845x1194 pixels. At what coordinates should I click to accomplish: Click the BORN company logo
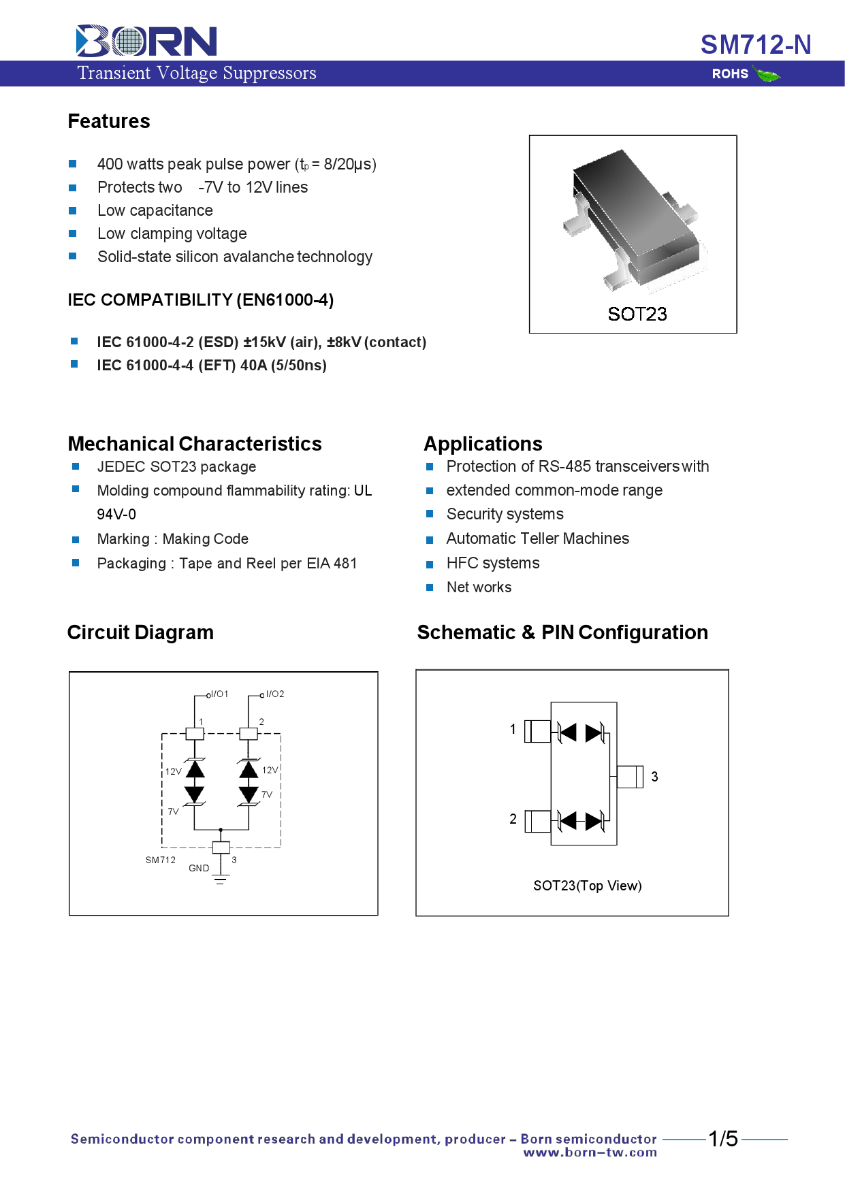coord(146,41)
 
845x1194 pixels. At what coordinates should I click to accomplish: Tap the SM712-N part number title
coord(755,45)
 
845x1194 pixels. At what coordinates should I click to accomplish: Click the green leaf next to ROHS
coord(767,74)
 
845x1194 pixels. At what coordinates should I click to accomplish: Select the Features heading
coord(109,121)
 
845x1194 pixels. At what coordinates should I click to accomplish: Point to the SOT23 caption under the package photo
coord(637,314)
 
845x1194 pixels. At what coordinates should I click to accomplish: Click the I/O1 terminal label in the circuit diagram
coord(219,694)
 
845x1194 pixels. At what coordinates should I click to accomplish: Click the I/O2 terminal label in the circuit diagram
coord(274,694)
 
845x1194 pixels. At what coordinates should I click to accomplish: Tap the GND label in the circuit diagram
coord(199,868)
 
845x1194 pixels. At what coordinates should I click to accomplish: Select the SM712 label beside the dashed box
coord(161,860)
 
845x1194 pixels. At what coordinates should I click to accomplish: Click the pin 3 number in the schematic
coord(654,777)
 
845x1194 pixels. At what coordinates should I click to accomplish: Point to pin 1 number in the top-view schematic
coord(513,729)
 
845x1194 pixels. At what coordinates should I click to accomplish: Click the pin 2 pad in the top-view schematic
coord(537,821)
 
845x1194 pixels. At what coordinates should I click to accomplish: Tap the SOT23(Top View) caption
coord(587,886)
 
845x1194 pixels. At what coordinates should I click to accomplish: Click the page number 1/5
coord(722,1139)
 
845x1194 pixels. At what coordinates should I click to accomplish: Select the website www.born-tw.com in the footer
coord(590,1152)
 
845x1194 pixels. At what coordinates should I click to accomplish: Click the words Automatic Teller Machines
coord(537,538)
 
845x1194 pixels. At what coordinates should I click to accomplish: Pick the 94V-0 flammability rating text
coord(116,514)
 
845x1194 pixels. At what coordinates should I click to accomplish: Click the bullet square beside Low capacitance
coord(73,210)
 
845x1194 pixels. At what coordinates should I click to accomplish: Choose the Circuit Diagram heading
coord(140,632)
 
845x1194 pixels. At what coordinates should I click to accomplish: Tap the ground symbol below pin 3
coord(220,881)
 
